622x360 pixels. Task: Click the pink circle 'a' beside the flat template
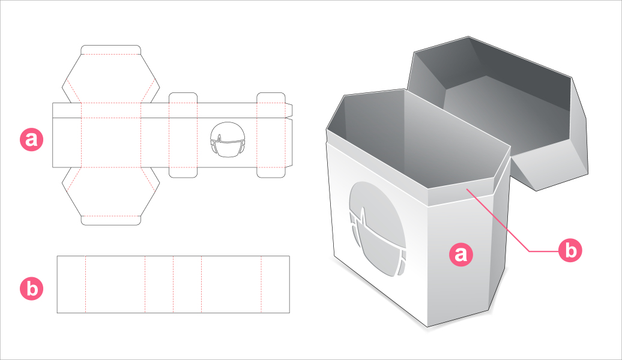[x=31, y=139]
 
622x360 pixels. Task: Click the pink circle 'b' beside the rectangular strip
[x=31, y=288]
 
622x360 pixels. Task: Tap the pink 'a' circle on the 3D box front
[x=461, y=254]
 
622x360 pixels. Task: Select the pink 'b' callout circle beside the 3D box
[x=570, y=250]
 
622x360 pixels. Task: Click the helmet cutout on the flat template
[x=228, y=140]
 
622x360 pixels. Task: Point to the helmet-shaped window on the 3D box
[x=378, y=229]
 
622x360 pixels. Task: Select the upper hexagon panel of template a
[x=110, y=79]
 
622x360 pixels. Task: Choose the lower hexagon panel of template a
[x=110, y=191]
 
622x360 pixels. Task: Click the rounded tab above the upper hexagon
[x=110, y=50]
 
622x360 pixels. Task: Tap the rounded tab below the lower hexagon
[x=110, y=220]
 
